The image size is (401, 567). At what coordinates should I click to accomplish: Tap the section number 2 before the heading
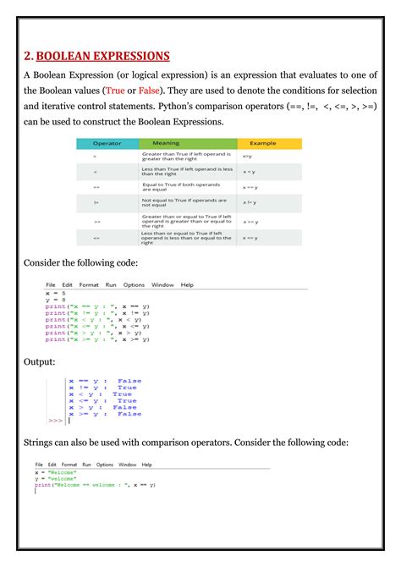[x=28, y=57]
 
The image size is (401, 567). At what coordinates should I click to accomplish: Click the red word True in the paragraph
[x=115, y=90]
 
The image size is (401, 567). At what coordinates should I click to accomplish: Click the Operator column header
[x=107, y=144]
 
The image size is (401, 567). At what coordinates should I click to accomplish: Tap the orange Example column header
[x=262, y=144]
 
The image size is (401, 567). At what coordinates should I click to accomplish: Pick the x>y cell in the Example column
[x=247, y=157]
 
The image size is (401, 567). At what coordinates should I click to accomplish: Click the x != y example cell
[x=250, y=203]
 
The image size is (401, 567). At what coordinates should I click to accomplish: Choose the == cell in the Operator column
[x=96, y=187]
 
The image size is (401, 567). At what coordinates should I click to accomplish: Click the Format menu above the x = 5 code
[x=89, y=285]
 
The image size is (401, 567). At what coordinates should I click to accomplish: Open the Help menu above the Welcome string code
[x=147, y=465]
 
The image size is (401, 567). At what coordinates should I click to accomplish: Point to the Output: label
[x=41, y=361]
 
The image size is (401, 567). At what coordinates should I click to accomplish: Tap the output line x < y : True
[x=100, y=394]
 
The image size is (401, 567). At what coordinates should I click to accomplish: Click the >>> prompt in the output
[x=56, y=420]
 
